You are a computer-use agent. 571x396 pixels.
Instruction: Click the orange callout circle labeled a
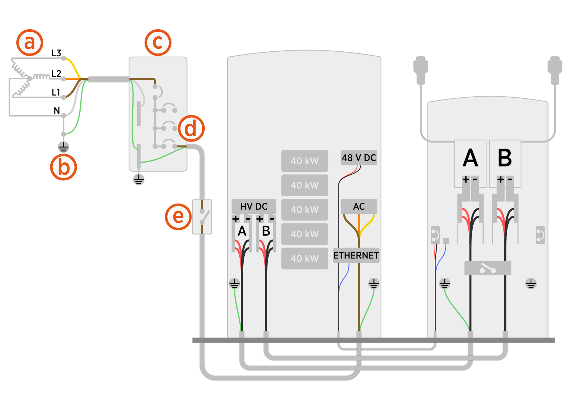click(x=30, y=43)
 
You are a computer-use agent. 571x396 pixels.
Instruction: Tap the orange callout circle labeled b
click(x=63, y=167)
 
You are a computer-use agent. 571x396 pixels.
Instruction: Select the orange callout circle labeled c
click(x=158, y=42)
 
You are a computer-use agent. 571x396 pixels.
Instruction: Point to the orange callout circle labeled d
click(x=191, y=128)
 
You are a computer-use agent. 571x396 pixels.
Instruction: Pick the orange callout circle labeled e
click(x=178, y=216)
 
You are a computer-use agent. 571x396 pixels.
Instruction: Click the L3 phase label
click(x=56, y=53)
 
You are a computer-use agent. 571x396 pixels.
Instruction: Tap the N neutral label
click(x=56, y=111)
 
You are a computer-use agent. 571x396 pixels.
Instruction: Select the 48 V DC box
click(x=359, y=158)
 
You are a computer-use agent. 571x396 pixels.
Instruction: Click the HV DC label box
click(x=254, y=206)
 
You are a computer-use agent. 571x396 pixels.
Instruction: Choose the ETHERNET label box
click(x=356, y=255)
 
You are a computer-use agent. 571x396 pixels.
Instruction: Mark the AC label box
click(x=359, y=206)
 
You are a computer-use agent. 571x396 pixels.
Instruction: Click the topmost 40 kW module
click(x=305, y=161)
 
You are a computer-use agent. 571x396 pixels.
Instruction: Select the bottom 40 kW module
click(x=305, y=258)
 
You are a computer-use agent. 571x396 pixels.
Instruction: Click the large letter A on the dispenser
click(x=470, y=158)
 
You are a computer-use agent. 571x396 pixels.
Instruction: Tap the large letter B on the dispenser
click(x=505, y=158)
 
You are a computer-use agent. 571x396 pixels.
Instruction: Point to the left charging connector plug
click(x=421, y=70)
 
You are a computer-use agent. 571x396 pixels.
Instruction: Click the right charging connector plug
click(x=555, y=70)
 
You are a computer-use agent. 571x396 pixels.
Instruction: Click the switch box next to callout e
click(x=202, y=217)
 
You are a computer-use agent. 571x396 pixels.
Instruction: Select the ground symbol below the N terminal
click(x=63, y=147)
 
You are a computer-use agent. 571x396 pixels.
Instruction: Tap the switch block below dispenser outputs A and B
click(x=488, y=268)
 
